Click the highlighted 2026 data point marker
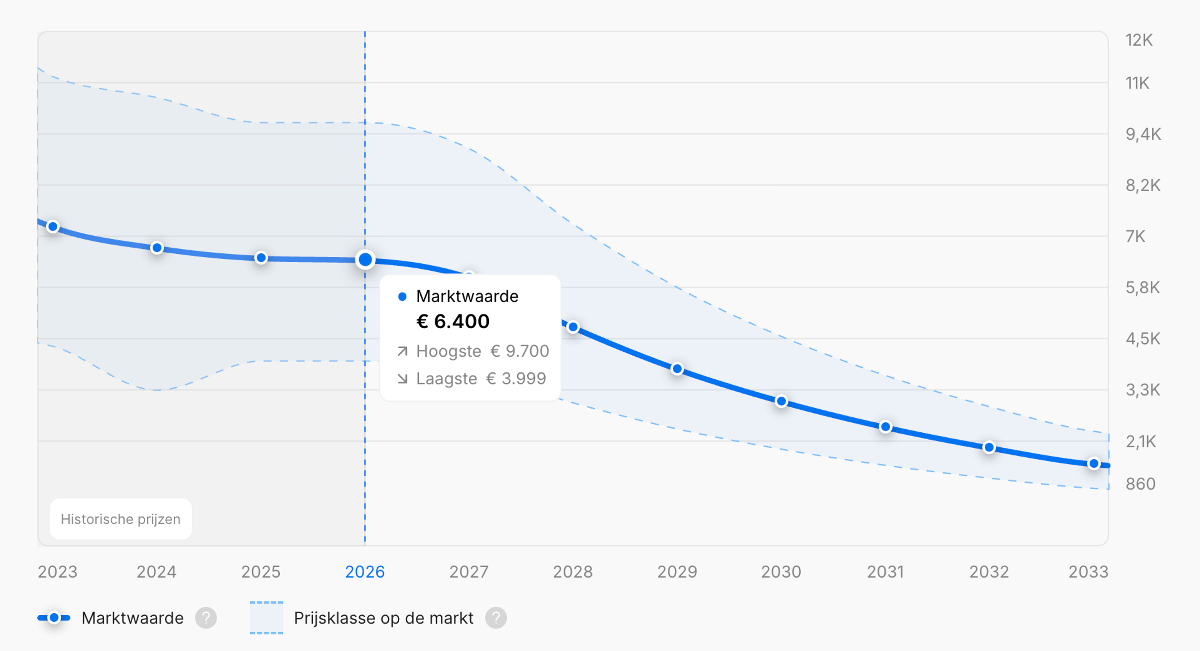point(365,259)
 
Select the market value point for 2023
point(53,227)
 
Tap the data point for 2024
point(157,248)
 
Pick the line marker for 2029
point(677,369)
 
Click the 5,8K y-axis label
point(1143,288)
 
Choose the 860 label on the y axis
point(1140,484)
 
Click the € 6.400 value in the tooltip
point(453,321)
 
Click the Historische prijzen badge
point(121,519)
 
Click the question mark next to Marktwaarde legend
point(206,618)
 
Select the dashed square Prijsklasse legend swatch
point(267,618)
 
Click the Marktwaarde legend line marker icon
point(54,618)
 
